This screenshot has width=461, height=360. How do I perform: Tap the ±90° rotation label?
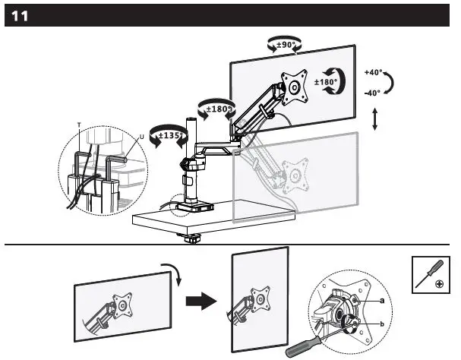[x=286, y=46]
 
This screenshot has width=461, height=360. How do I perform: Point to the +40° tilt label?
[x=373, y=73]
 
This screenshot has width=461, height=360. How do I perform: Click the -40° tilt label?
[x=373, y=93]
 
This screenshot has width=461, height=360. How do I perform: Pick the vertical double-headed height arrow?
[x=374, y=120]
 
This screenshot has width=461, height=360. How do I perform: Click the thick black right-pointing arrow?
[x=201, y=302]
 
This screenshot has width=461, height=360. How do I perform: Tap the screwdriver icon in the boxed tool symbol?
[x=430, y=273]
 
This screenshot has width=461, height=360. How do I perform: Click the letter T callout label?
[x=78, y=123]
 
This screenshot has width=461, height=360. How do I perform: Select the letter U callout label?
[x=142, y=137]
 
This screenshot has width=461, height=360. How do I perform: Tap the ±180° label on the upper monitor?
[x=327, y=82]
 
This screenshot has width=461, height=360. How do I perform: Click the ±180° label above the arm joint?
[x=215, y=109]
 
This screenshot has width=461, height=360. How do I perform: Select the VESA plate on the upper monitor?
[x=292, y=85]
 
